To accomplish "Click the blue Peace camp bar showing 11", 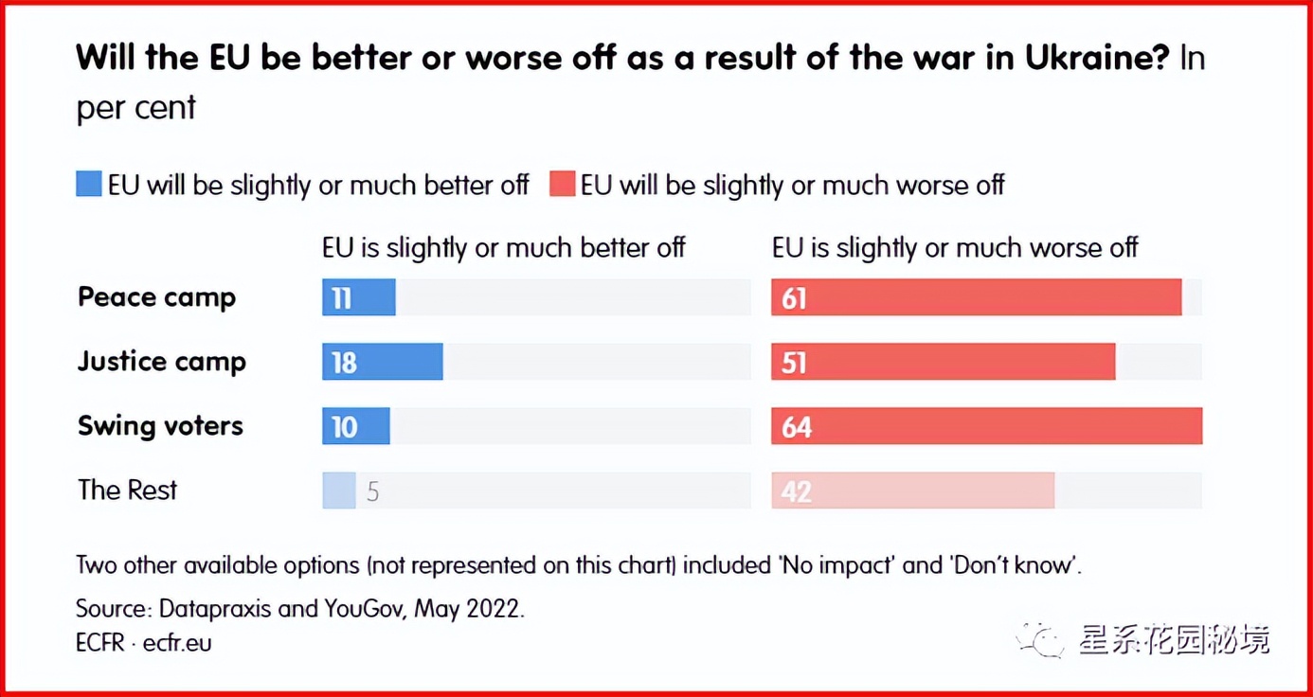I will pos(358,297).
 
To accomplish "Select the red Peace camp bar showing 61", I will pos(976,297).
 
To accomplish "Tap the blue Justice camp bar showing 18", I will pos(382,362).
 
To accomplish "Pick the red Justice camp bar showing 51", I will pos(943,362).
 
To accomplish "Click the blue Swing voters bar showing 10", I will pos(355,426).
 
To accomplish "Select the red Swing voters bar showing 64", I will pos(986,426).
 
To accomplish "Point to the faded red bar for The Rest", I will pos(912,491).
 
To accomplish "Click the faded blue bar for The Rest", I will pos(338,491).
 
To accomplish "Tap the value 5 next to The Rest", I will pos(372,491).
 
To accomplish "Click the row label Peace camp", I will pos(156,297).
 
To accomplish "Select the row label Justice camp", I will pos(161,362).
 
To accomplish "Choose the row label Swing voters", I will pos(160,426).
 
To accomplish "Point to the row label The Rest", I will pos(127,491).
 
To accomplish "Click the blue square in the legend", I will pos(88,184).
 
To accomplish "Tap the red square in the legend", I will pos(562,184).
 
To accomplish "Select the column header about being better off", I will pos(503,248).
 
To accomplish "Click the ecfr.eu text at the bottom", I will pos(177,642).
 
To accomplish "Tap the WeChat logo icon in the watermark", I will pos(1040,641).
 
